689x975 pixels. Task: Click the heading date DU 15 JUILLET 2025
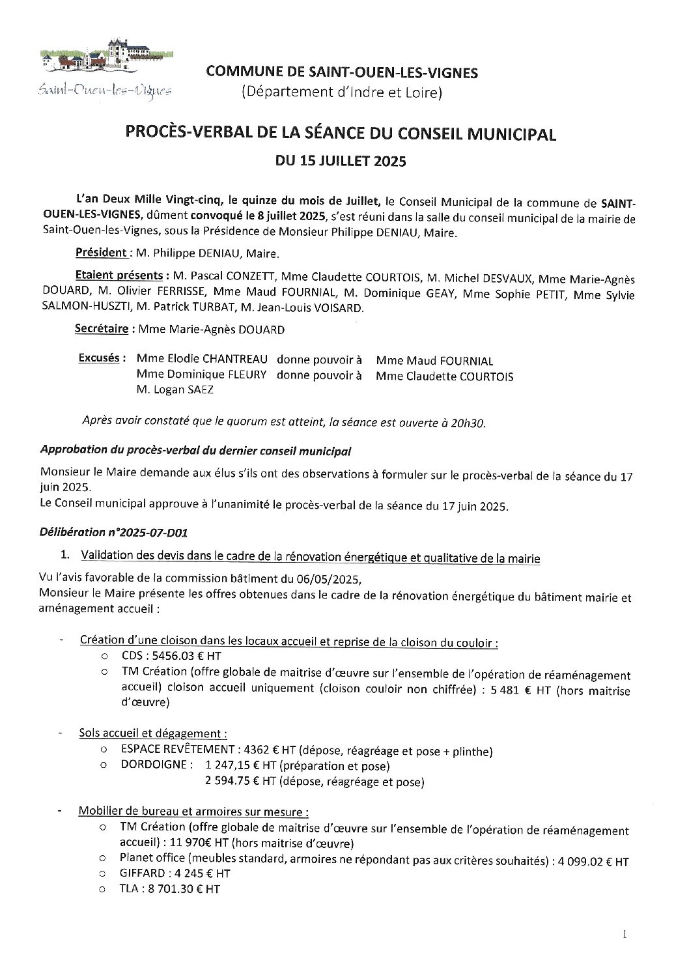(342, 161)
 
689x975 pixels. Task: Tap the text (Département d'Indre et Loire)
(342, 94)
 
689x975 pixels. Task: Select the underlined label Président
(100, 253)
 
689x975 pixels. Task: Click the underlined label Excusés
(100, 358)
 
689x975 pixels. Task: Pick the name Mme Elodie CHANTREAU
(201, 360)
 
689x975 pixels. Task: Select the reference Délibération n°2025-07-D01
(113, 533)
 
